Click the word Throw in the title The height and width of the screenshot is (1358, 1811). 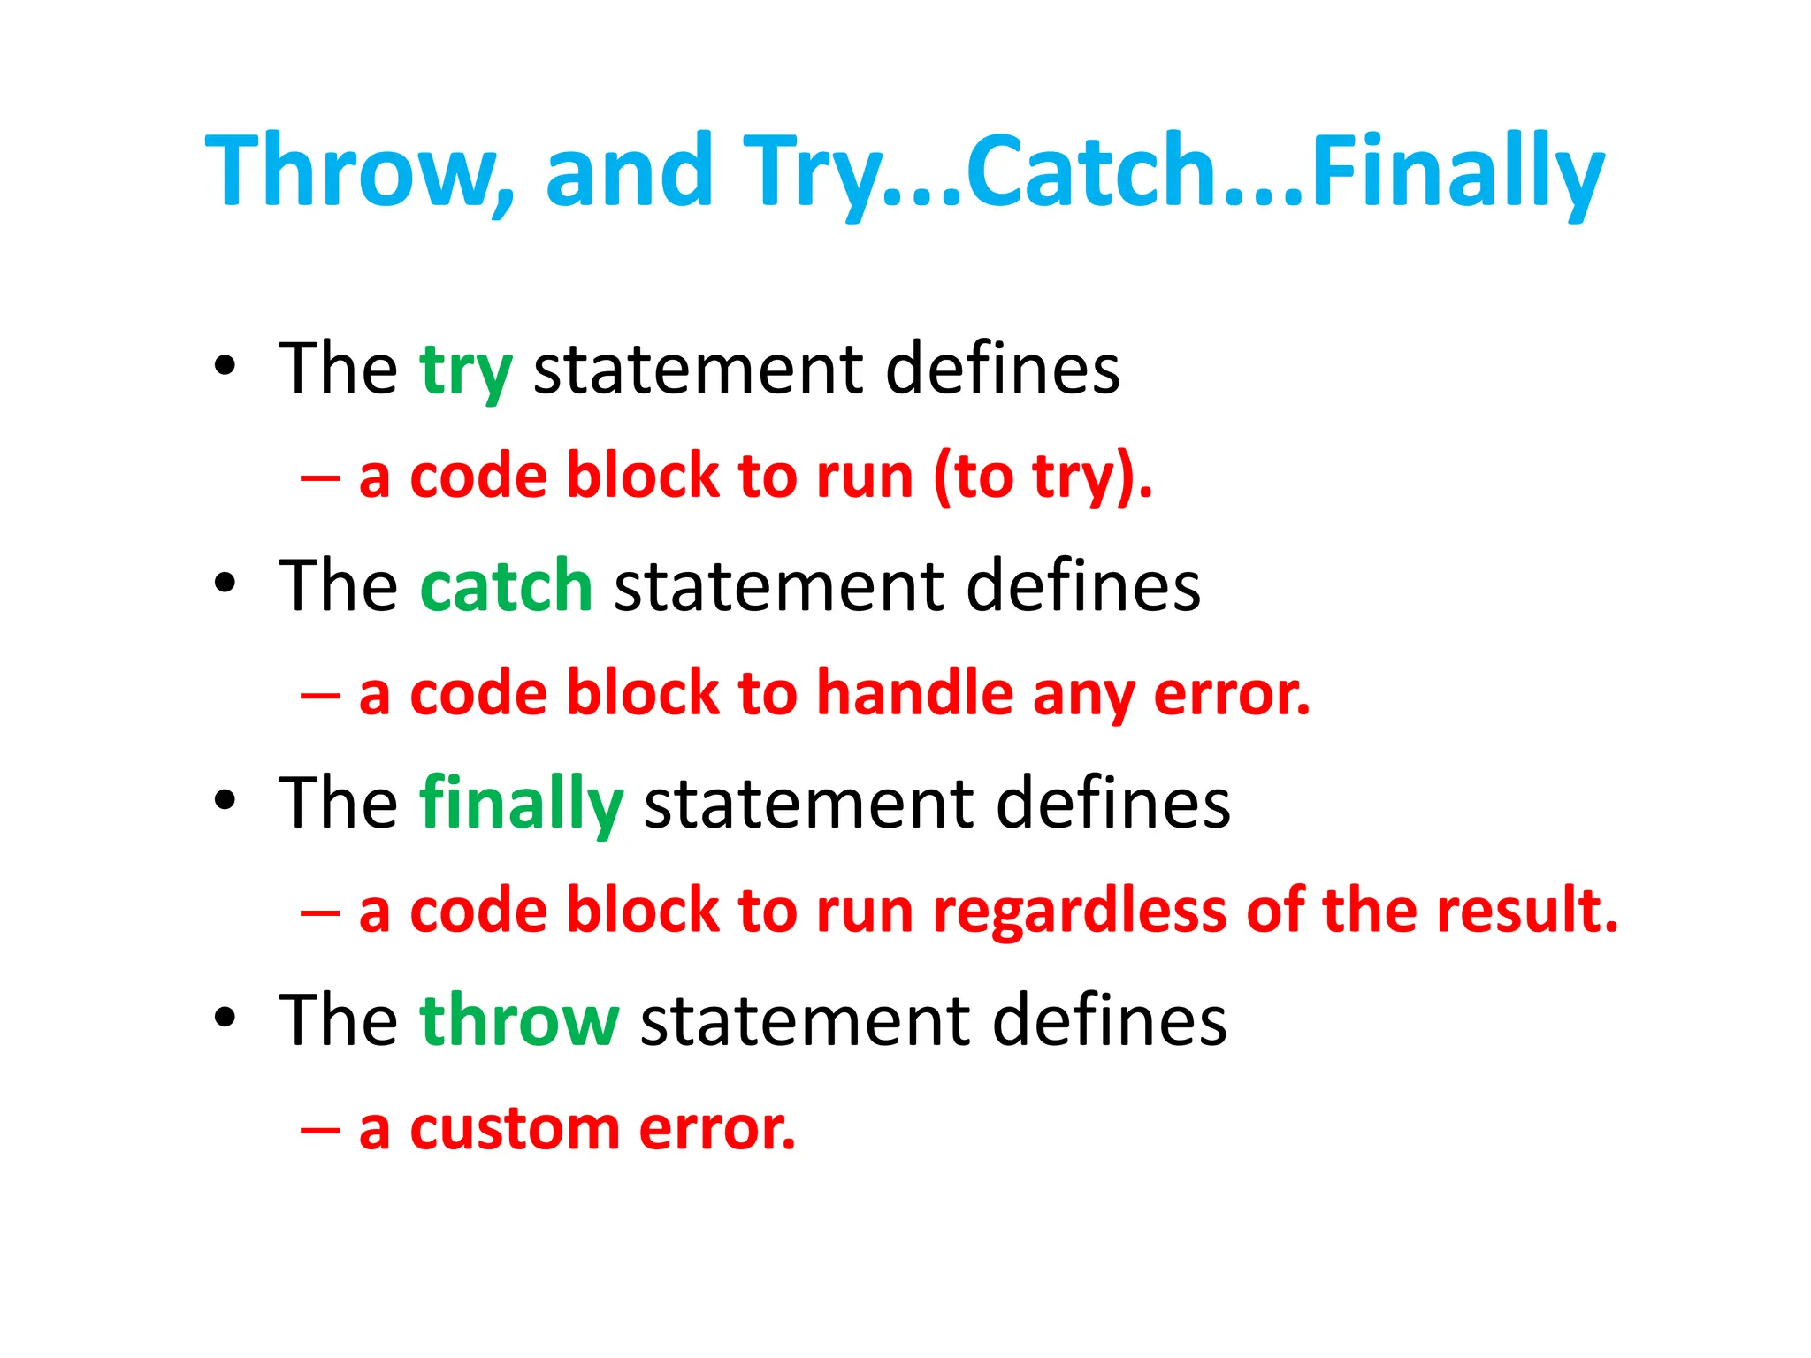(349, 170)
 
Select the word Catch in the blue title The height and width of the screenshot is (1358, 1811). (1088, 170)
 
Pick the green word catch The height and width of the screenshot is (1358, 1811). (506, 586)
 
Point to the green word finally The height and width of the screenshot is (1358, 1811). (522, 803)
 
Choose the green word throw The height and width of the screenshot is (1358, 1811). (519, 1020)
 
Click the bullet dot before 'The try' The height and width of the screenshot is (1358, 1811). (225, 366)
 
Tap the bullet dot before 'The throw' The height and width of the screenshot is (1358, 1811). (225, 1018)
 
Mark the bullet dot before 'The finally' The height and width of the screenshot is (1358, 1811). (225, 800)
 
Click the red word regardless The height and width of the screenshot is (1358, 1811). (1080, 911)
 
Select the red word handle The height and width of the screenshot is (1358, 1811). (914, 693)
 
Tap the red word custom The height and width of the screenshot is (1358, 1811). (515, 1129)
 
